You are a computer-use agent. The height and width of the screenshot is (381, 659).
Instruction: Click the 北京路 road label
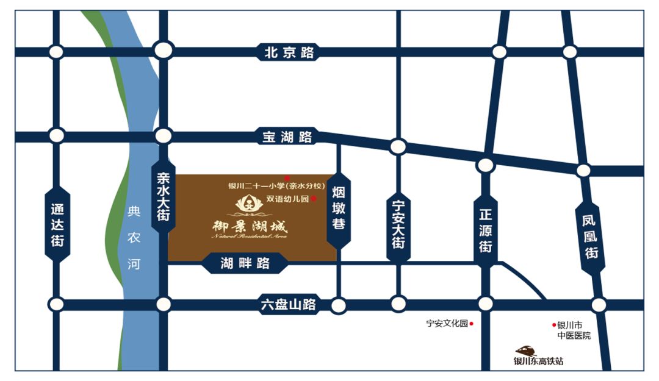coord(289,52)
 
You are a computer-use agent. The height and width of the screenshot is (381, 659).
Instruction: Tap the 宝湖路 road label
coord(287,137)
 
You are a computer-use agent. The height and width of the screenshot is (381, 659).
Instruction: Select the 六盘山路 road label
coord(287,304)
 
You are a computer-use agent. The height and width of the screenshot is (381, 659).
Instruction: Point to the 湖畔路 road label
coord(245,263)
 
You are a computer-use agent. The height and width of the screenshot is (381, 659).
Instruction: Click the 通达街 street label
coord(57,225)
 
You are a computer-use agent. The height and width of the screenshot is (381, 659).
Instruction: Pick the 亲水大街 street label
coord(163,196)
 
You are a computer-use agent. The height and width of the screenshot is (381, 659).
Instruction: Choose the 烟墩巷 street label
coord(339,208)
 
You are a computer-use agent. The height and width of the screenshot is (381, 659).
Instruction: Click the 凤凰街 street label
coord(589,236)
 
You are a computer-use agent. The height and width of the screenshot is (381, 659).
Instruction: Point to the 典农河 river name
coord(134,238)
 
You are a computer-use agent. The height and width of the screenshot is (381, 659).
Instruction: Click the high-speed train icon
coord(525,351)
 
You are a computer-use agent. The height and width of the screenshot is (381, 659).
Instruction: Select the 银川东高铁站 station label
coord(538,361)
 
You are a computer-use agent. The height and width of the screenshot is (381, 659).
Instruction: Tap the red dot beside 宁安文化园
coord(472,324)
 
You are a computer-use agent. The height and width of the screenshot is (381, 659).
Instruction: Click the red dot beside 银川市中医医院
coord(554,325)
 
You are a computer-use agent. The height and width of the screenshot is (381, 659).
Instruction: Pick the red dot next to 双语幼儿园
coord(314,199)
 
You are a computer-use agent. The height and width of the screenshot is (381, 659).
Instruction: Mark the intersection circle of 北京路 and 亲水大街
coord(164,50)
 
